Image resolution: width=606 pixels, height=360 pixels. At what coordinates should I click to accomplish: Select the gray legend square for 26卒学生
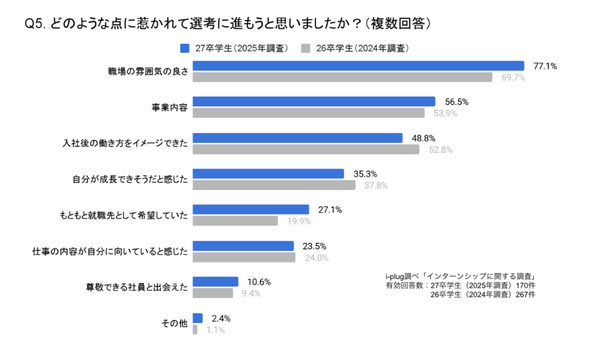coord(305,48)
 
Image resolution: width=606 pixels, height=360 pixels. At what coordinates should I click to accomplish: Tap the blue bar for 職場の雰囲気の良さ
coord(359,66)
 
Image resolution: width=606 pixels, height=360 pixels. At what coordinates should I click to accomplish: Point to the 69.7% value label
coord(514,78)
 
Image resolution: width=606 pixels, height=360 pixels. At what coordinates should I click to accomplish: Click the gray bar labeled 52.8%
coord(306,149)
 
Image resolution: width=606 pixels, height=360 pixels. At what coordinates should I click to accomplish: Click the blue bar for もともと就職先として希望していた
coord(251,210)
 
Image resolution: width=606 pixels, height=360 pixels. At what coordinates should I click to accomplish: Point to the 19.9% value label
coord(299,221)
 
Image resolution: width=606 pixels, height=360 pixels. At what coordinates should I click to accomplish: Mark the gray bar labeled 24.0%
coord(244,258)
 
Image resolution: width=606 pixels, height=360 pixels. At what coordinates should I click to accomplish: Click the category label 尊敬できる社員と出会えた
coord(137,288)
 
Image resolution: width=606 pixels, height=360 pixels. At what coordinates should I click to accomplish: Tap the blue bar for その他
coord(198,318)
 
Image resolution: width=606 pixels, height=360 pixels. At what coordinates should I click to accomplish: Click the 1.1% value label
coord(215,330)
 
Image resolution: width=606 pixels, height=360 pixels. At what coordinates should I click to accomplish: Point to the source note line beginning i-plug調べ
coord(460,277)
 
